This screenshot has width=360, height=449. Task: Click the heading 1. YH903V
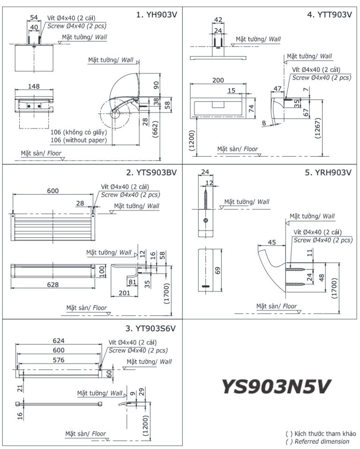tap(156, 15)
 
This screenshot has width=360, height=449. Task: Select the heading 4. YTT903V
tap(329, 15)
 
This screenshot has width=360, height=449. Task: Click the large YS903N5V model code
tap(276, 387)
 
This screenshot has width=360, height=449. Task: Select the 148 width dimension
tap(34, 86)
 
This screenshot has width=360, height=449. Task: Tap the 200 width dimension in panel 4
tap(218, 80)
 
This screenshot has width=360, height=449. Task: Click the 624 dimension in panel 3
tap(59, 341)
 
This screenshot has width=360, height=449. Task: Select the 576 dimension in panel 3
tap(59, 360)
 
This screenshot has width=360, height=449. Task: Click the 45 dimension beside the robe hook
tap(272, 242)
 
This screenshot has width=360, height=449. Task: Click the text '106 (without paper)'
tap(78, 140)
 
